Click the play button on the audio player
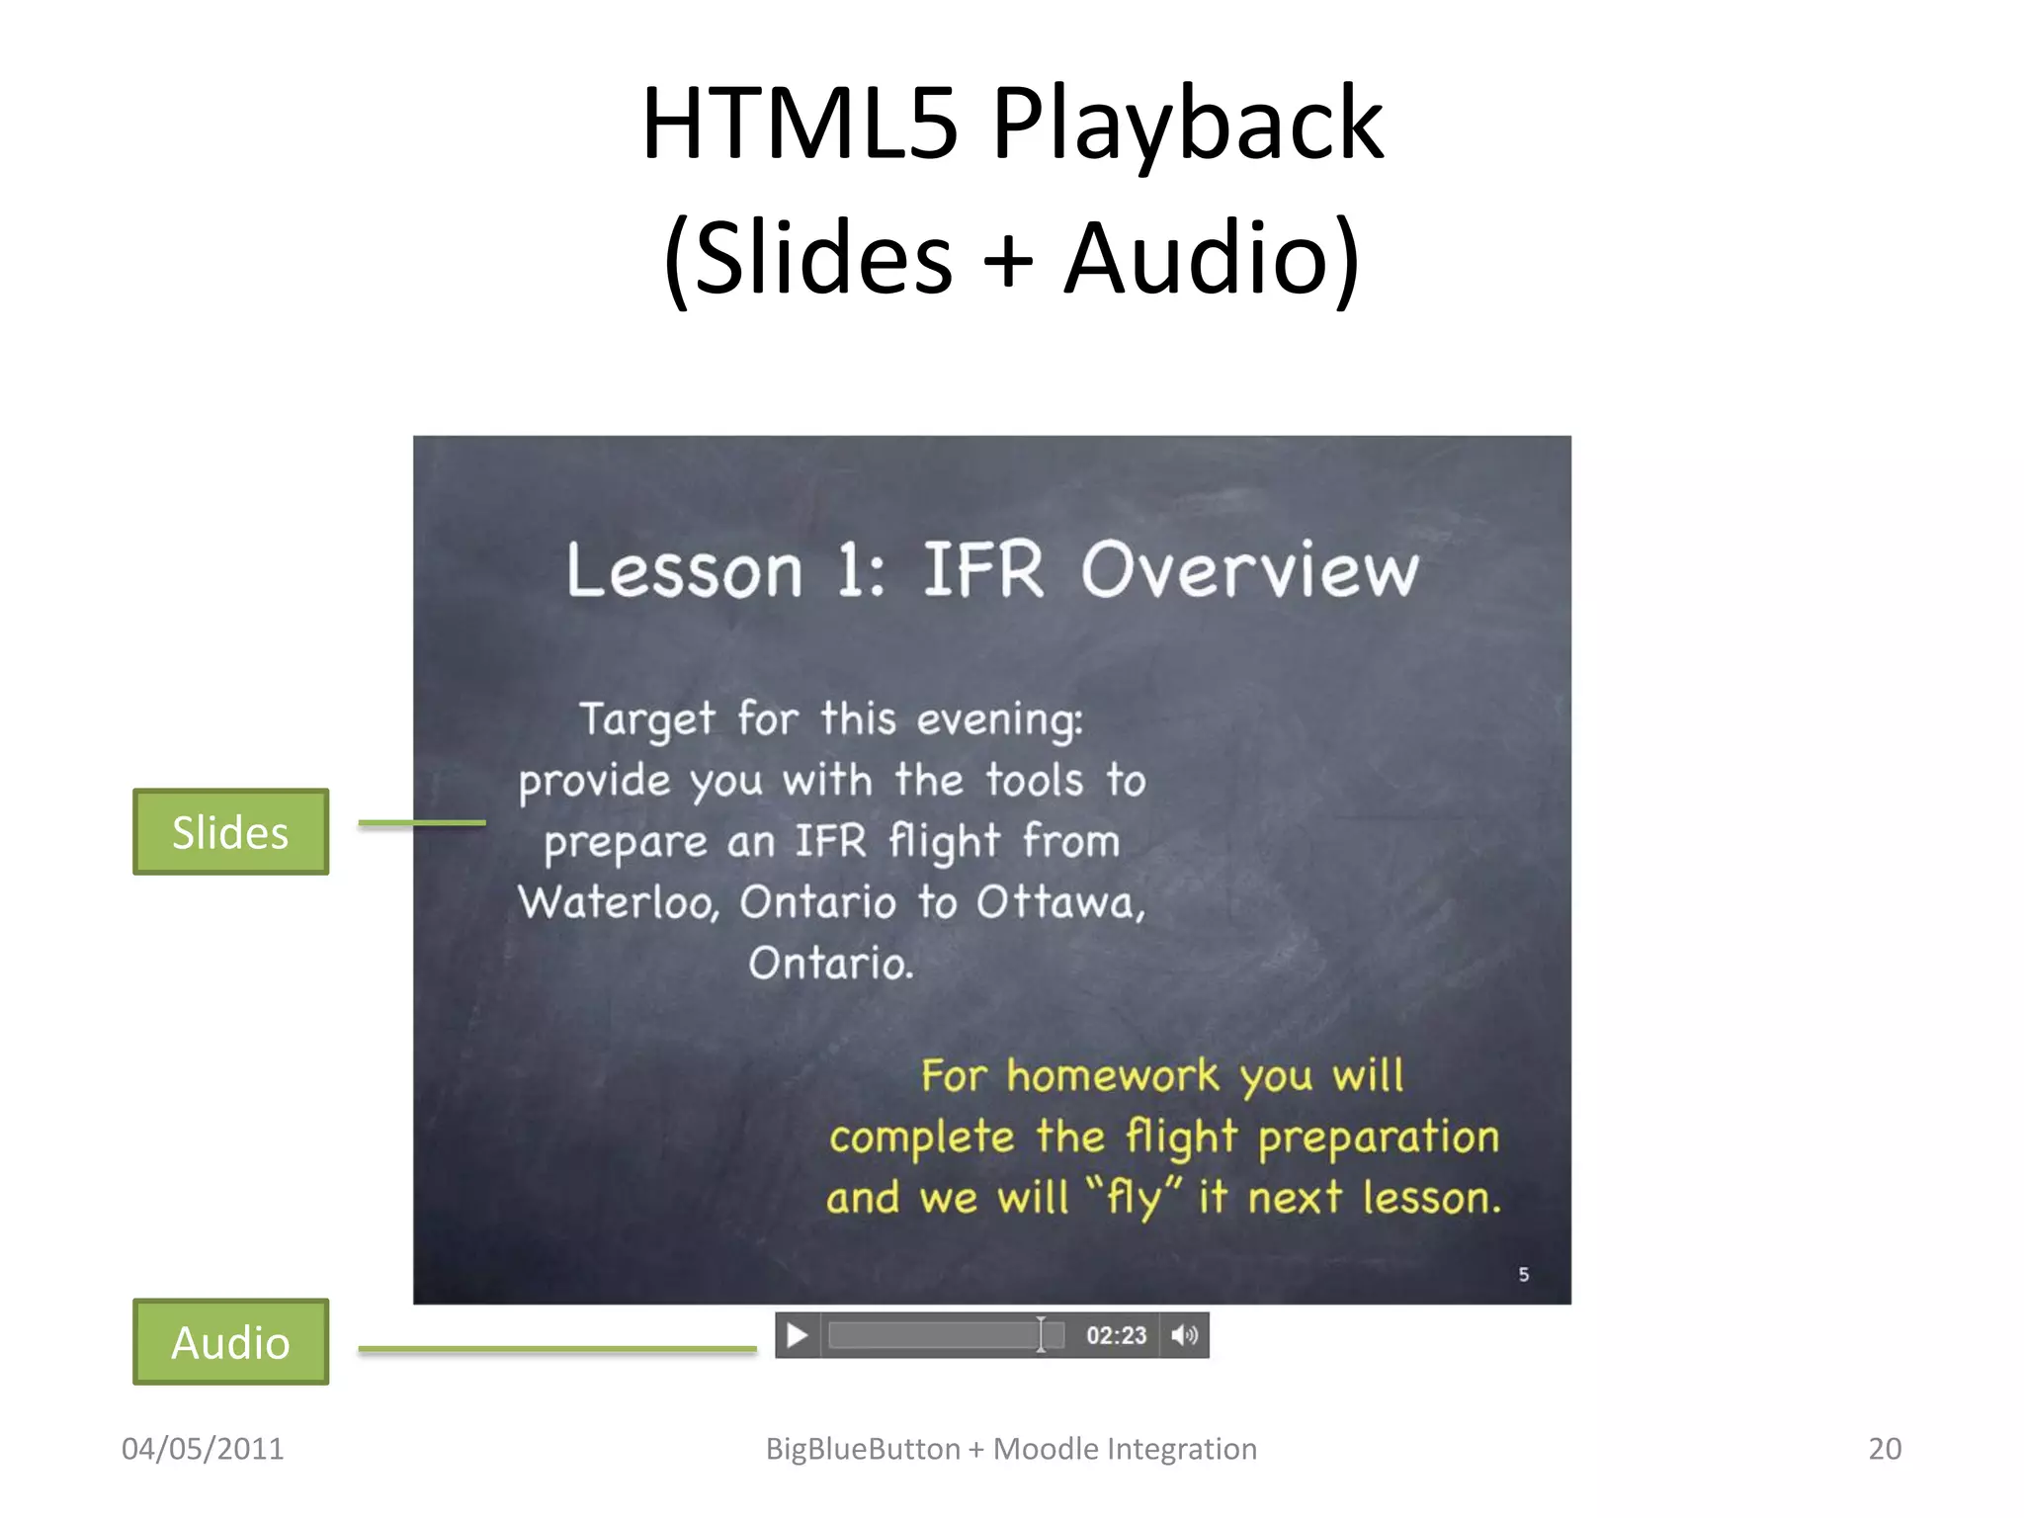pyautogui.click(x=797, y=1336)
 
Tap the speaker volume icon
pyautogui.click(x=1184, y=1336)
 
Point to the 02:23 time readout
pyautogui.click(x=1116, y=1336)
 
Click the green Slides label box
pyautogui.click(x=230, y=832)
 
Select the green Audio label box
pyautogui.click(x=230, y=1342)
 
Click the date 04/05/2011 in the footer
pyautogui.click(x=203, y=1449)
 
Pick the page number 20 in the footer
pyautogui.click(x=1885, y=1449)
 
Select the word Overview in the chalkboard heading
pyautogui.click(x=1249, y=570)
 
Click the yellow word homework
pyautogui.click(x=1113, y=1076)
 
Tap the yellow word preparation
pyautogui.click(x=1379, y=1138)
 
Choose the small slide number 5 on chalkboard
pyautogui.click(x=1524, y=1275)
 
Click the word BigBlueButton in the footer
pyautogui.click(x=863, y=1449)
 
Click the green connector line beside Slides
pyautogui.click(x=422, y=822)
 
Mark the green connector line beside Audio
pyautogui.click(x=557, y=1348)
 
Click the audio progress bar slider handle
pyautogui.click(x=1041, y=1335)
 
